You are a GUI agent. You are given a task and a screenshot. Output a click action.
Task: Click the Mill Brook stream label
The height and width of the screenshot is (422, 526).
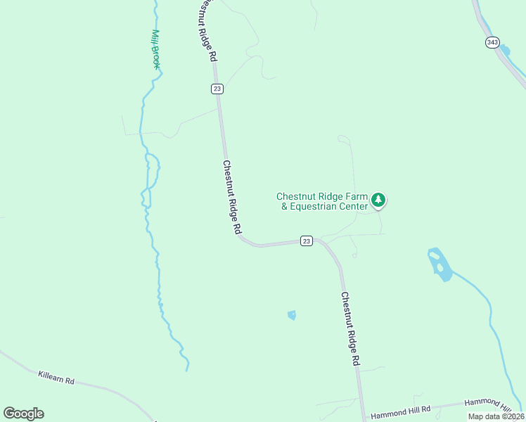[156, 49]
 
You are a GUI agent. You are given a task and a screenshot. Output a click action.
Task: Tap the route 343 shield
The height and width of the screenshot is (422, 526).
[492, 43]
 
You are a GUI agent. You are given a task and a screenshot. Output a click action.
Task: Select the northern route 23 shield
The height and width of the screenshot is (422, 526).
[217, 88]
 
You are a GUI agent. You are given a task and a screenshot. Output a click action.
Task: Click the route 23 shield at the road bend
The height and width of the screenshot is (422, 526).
[306, 241]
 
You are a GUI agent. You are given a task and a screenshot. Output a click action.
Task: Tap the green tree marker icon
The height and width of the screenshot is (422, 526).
[379, 200]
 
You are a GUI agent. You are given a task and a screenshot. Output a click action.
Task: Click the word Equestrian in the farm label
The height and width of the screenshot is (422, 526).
[319, 207]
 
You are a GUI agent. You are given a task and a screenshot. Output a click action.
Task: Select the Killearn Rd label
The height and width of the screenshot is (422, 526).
[56, 380]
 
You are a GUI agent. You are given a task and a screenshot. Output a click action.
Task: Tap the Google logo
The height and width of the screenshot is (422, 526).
[23, 414]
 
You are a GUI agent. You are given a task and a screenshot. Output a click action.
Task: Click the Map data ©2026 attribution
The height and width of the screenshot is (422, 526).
[495, 416]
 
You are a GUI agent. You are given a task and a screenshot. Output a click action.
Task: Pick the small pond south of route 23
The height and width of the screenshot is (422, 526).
[292, 315]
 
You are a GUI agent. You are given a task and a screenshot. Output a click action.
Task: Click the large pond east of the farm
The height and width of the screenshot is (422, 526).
[440, 264]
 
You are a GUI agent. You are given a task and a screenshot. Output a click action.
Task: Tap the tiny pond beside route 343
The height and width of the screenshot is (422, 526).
[505, 51]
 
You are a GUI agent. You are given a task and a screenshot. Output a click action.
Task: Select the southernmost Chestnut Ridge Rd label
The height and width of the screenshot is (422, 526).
[350, 328]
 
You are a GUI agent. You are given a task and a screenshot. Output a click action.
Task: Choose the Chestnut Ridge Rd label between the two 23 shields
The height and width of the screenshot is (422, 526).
[232, 197]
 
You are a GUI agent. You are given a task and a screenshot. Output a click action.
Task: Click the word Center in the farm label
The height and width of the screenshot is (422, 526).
[354, 207]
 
